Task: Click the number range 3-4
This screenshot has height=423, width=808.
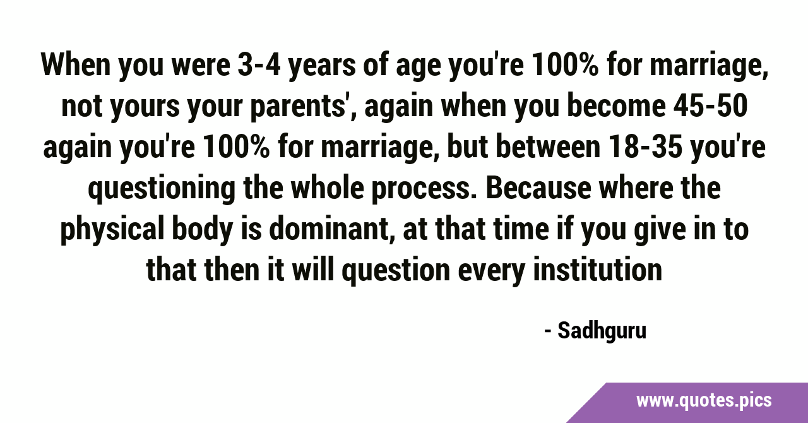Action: pos(259,65)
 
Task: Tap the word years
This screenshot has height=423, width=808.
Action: pos(322,68)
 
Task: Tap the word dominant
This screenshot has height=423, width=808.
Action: pos(329,229)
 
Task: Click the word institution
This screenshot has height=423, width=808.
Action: pos(597,270)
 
